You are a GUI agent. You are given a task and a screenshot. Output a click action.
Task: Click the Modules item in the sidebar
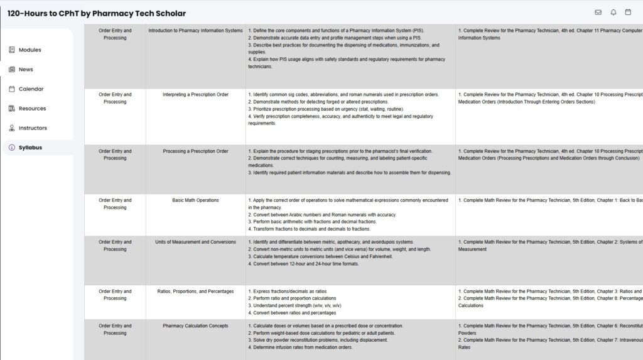(x=30, y=50)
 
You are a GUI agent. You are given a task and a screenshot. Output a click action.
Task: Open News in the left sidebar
(x=26, y=70)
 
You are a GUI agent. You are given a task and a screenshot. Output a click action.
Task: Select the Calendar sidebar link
(x=31, y=89)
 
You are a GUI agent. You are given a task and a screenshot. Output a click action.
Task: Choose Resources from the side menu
(x=32, y=109)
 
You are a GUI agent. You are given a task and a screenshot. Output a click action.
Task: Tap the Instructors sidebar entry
(x=33, y=128)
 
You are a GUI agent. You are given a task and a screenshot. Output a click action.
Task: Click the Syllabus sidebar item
(x=30, y=148)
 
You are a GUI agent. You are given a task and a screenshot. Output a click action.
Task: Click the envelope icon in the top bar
(x=598, y=13)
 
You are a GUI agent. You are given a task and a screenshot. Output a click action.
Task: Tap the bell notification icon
(x=613, y=13)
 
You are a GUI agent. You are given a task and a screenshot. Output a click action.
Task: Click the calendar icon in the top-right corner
(x=628, y=13)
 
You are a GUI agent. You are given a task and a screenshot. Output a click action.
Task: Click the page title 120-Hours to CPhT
(x=97, y=13)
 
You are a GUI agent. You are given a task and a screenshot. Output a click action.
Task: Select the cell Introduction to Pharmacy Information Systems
(x=195, y=31)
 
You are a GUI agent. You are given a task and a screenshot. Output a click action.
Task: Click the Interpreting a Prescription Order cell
(x=195, y=95)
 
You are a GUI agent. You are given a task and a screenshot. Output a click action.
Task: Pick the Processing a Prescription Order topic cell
(x=195, y=151)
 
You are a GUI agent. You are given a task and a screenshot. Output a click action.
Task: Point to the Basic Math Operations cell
(x=195, y=200)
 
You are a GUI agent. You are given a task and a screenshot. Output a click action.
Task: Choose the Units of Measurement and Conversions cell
(x=195, y=242)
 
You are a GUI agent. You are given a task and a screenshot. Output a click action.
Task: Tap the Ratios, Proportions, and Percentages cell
(x=195, y=292)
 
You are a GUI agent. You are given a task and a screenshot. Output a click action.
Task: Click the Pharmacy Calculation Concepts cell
(x=195, y=326)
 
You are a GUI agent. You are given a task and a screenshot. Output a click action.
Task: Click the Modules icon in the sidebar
(x=12, y=50)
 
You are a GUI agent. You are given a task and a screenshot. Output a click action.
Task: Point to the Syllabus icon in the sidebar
(x=12, y=148)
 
